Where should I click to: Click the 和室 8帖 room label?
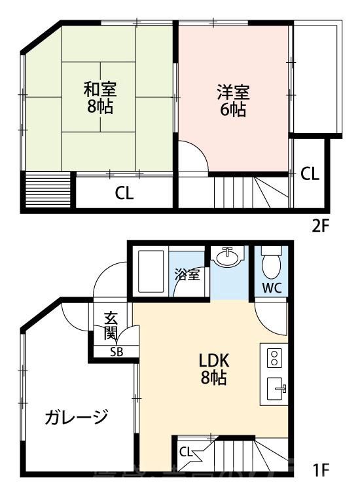(x=100, y=97)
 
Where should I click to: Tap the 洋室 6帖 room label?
(x=233, y=101)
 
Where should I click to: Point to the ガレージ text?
(x=77, y=417)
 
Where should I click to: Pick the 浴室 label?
(x=188, y=276)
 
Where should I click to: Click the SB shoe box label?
(x=116, y=352)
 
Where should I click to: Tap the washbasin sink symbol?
(x=227, y=257)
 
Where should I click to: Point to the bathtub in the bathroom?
(x=151, y=270)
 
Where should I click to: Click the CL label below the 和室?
(x=124, y=193)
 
